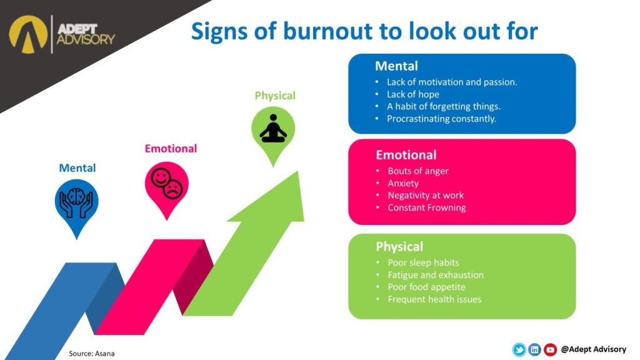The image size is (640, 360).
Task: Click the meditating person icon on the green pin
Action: point(273,128)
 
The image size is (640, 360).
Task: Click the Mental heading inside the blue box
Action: point(396,66)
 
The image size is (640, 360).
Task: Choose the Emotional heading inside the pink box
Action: point(406,155)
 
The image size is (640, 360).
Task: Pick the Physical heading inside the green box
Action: point(399,246)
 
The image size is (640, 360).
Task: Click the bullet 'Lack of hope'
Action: point(412,94)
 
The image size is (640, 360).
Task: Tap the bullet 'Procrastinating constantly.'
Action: point(441,119)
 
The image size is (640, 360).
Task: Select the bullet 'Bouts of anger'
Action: point(417,171)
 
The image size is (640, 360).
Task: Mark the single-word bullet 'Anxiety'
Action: point(403,183)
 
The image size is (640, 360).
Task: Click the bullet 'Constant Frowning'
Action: point(426,207)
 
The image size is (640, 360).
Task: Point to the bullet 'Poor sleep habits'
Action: point(423,262)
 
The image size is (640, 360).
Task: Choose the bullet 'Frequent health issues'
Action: point(434,299)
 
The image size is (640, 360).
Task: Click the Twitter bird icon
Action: point(519,350)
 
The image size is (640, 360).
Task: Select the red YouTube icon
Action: point(550,350)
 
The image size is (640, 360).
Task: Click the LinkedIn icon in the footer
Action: point(534,350)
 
